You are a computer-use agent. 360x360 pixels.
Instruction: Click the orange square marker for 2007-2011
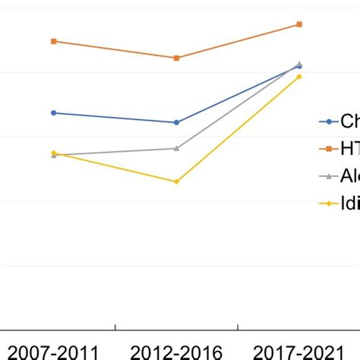(53, 41)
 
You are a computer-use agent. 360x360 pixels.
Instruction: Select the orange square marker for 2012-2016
(176, 58)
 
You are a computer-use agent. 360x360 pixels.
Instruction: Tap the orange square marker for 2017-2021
(299, 24)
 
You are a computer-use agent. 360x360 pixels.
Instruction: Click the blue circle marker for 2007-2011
(53, 113)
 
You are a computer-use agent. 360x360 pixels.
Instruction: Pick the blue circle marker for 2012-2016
(176, 122)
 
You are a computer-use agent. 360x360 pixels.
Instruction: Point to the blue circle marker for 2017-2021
(299, 67)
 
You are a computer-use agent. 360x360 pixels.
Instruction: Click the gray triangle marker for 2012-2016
(176, 148)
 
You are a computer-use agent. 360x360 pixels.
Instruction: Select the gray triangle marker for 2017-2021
(299, 64)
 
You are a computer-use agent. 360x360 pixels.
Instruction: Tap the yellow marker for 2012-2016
(176, 182)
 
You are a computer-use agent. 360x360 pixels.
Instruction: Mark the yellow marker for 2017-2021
(299, 77)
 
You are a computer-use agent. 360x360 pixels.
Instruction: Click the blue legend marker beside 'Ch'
(328, 122)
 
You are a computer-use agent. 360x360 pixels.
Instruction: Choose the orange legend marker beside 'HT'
(328, 149)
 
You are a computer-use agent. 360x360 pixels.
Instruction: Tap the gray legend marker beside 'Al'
(328, 175)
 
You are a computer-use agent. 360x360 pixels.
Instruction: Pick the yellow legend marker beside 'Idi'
(328, 203)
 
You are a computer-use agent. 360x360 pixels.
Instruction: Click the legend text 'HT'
(349, 149)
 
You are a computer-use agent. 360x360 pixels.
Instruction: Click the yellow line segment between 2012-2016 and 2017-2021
(238, 129)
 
